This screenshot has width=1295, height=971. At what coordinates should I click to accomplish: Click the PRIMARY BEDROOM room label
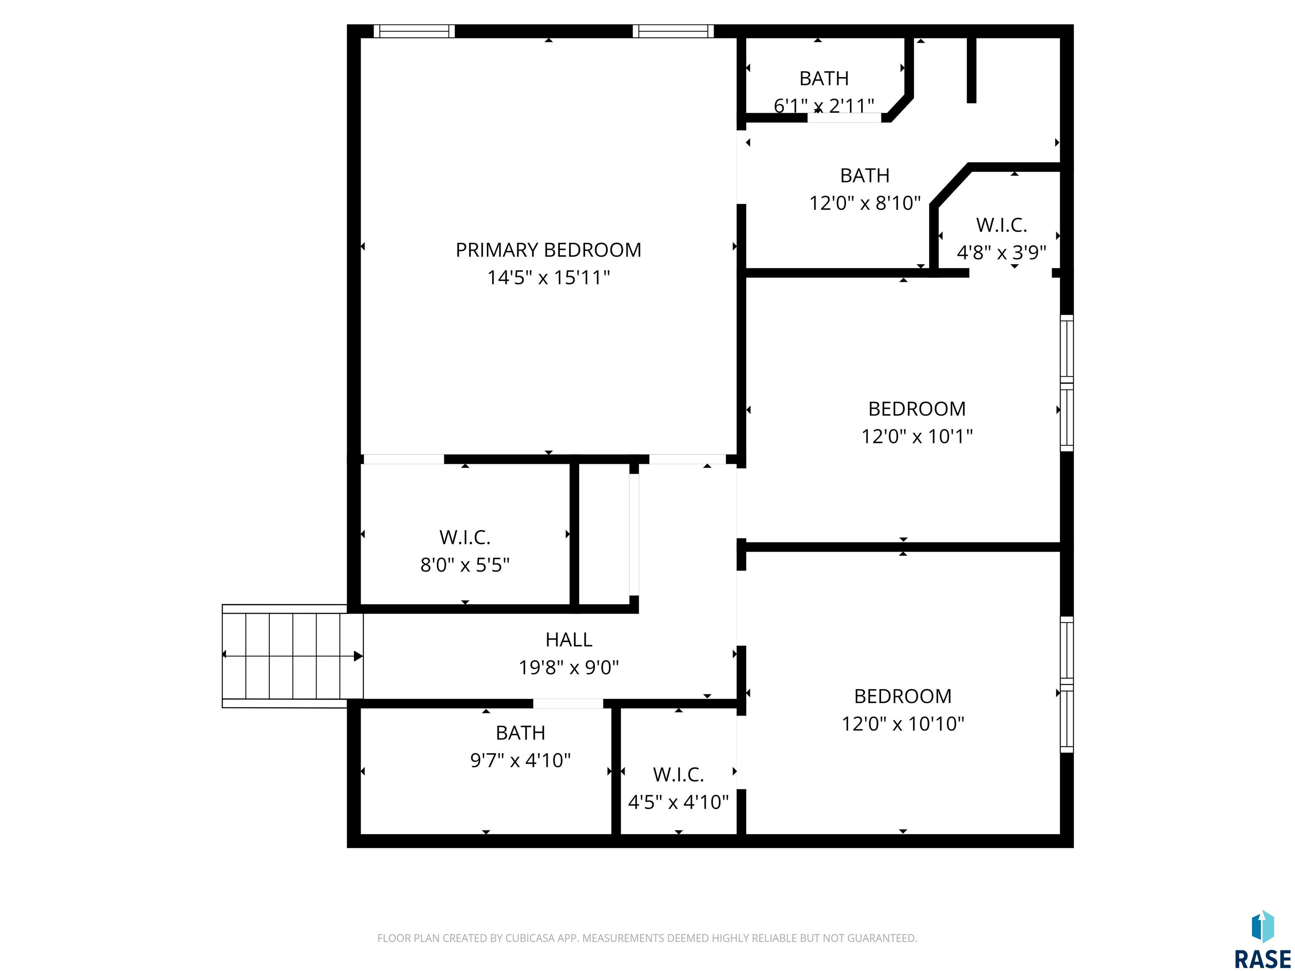coord(548,250)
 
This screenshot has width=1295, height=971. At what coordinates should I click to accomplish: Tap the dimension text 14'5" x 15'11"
coord(548,277)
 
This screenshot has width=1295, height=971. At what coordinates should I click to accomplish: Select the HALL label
coord(569,640)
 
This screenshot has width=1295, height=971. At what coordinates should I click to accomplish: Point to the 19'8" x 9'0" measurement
coord(569,667)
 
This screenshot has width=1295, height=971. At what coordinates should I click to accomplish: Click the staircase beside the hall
coord(293,656)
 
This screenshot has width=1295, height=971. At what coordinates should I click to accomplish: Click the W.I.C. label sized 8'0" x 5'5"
coord(465,537)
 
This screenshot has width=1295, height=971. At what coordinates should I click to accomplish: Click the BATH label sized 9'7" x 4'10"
coord(521,733)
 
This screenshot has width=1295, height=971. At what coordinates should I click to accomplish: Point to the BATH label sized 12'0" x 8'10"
coord(865,176)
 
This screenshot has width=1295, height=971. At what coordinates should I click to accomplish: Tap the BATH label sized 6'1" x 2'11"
coord(824,78)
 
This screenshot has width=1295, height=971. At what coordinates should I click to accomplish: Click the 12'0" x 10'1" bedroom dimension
coord(917,437)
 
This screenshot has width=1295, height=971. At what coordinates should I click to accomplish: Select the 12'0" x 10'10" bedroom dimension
coord(903,724)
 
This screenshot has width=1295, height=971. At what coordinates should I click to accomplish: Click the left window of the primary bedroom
coord(414,31)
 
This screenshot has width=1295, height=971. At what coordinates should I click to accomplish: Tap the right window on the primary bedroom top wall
coord(673,31)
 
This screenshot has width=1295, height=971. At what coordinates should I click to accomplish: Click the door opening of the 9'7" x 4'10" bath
coord(568,703)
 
